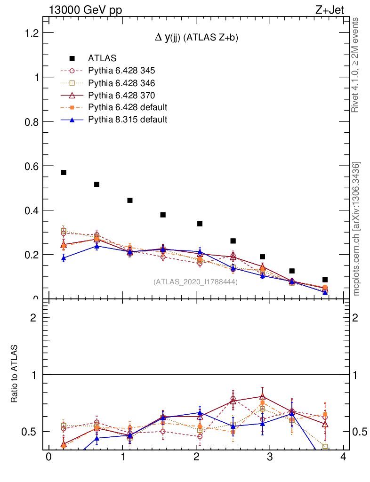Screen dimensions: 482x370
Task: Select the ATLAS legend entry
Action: [x=102, y=58]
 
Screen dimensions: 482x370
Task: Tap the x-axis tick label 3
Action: [x=270, y=458]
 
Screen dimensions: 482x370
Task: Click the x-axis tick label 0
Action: [x=48, y=458]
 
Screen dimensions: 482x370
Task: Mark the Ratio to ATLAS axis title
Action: [x=15, y=374]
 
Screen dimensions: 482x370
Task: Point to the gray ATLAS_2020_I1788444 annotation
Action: [x=195, y=281]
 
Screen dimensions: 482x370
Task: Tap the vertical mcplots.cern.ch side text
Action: [x=356, y=228]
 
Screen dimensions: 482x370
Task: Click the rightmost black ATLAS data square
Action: [x=325, y=280]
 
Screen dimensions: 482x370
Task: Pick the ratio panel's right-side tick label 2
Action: [x=356, y=317]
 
